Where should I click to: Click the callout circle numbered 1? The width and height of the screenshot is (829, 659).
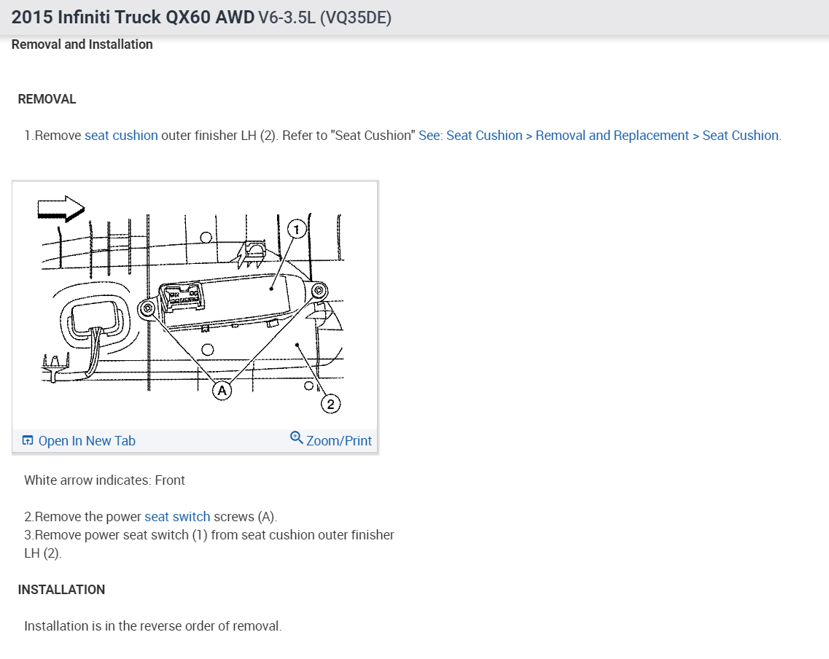[x=296, y=230]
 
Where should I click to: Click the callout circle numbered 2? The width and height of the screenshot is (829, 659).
[x=330, y=404]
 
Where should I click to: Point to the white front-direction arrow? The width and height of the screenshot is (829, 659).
[x=61, y=208]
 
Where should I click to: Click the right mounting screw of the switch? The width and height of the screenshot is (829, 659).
[x=318, y=291]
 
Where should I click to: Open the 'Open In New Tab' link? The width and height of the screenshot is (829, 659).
[x=87, y=441]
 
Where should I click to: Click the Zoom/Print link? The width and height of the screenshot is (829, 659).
[x=338, y=441]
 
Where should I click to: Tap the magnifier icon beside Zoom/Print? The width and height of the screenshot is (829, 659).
[x=296, y=437]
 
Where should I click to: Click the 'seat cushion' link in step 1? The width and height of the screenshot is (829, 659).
[x=121, y=136]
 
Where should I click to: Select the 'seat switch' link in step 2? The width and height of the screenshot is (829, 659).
[x=177, y=517]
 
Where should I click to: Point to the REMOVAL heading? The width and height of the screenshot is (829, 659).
[x=47, y=99]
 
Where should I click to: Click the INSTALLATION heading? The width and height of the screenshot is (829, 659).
[x=61, y=590]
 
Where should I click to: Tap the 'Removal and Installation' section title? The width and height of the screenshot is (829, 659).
[x=82, y=44]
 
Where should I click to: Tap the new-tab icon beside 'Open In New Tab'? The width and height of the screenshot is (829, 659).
[x=28, y=440]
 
